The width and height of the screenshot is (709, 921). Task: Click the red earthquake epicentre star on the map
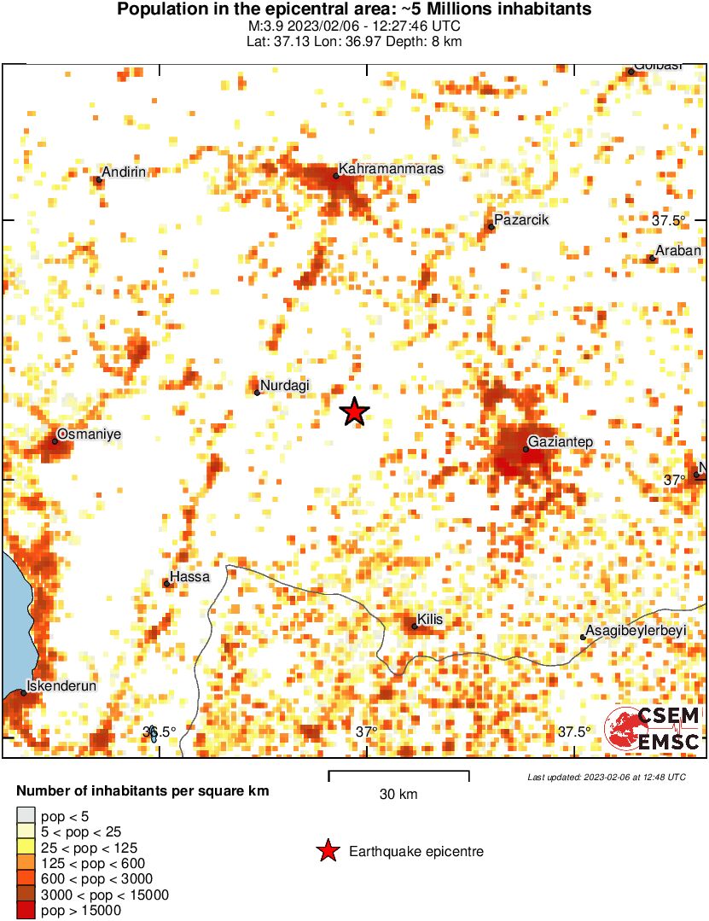point(354,412)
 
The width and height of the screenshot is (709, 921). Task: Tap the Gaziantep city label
point(560,442)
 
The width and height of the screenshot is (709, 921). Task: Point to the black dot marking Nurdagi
point(257,393)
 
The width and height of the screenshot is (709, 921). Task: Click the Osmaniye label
point(90,434)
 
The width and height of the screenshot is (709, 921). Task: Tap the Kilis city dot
point(415,627)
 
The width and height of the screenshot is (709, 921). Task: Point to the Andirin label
point(124,172)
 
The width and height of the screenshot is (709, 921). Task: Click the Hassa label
point(190,577)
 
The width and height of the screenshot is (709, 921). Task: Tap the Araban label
point(679,251)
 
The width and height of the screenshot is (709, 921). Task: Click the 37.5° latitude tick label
point(669,220)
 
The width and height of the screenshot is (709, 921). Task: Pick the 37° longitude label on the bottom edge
point(367,732)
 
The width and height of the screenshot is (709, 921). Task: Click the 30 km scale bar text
point(398,795)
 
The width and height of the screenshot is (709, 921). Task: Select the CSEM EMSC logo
point(653,730)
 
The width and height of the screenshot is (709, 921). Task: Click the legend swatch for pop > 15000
point(26,911)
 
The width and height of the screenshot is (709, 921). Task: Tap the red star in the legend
point(326,851)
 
